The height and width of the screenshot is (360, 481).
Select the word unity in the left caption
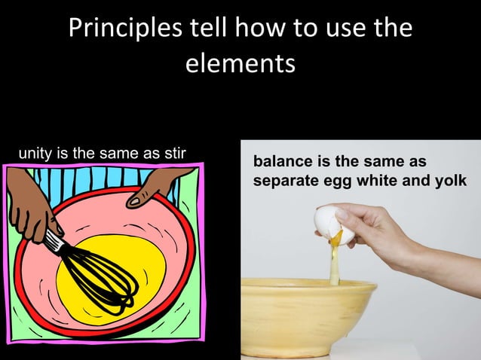tap(35, 154)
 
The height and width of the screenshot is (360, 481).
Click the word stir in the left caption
tap(175, 154)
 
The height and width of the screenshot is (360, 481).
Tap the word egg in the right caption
tap(339, 182)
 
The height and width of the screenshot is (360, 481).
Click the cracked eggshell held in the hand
tap(330, 223)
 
